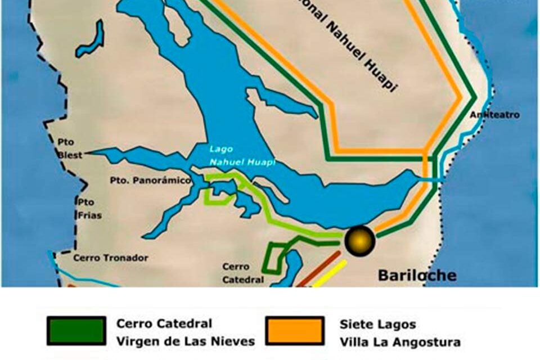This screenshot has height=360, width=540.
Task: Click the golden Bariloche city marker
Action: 360,240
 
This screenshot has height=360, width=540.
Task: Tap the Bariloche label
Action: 417,276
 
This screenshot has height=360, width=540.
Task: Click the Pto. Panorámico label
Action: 150,181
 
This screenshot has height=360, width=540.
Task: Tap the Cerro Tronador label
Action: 111,258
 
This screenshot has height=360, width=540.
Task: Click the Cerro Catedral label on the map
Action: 242,273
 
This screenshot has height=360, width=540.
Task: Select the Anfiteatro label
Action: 494,115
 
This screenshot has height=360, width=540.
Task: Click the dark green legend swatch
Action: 76,330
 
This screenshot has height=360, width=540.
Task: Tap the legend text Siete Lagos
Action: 377,325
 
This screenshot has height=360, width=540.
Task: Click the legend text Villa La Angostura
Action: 400,341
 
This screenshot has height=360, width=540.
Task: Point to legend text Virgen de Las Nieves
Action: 186,341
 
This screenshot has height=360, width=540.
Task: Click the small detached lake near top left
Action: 92,40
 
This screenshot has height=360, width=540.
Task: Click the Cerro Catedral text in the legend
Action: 164,323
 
